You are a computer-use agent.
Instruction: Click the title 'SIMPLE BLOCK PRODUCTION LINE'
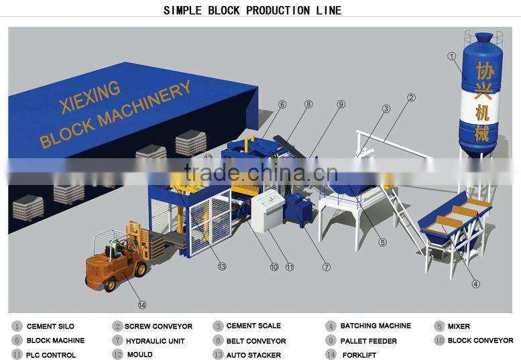click(253, 10)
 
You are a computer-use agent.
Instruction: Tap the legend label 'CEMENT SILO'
click(51, 326)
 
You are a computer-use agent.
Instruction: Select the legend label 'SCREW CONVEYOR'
click(158, 326)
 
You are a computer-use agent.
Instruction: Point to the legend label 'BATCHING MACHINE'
click(375, 326)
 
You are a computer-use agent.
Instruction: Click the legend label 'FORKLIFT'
click(359, 355)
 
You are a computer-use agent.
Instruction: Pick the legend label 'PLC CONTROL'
click(51, 355)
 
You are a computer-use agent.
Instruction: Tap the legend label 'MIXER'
click(459, 326)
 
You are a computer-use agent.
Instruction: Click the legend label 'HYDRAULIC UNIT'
click(154, 341)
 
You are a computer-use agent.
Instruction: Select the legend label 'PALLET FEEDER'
click(368, 341)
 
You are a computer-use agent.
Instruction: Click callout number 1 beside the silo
click(452, 57)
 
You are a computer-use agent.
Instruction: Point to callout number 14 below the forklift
click(141, 305)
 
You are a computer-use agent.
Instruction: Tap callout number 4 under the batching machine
click(475, 284)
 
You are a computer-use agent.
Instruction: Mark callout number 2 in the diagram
click(410, 98)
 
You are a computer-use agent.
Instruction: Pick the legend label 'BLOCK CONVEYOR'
click(480, 341)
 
